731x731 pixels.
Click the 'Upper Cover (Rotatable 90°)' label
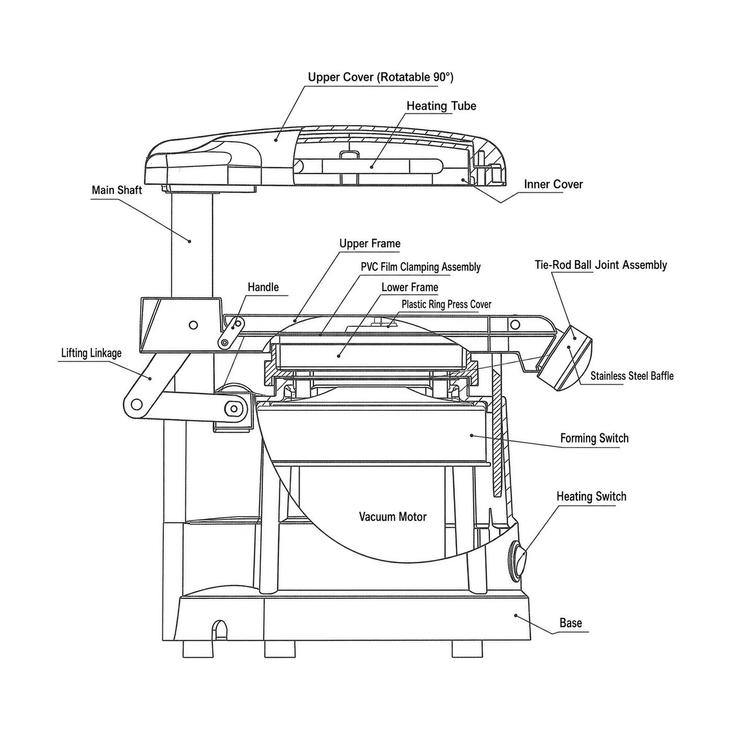pyautogui.click(x=381, y=77)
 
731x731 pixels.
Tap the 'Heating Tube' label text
pyautogui.click(x=441, y=106)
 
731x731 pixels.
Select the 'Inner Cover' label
pyautogui.click(x=553, y=184)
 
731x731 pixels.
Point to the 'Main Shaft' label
pyautogui.click(x=117, y=190)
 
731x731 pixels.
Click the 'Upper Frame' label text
pyautogui.click(x=370, y=243)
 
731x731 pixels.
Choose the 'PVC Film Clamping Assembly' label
pyautogui.click(x=420, y=267)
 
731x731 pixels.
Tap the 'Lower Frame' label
pyautogui.click(x=410, y=287)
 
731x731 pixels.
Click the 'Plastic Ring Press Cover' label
pyautogui.click(x=446, y=304)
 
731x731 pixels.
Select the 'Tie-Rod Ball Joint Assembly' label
pyautogui.click(x=600, y=265)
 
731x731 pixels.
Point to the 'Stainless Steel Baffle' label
pyautogui.click(x=632, y=376)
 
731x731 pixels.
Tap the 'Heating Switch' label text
pyautogui.click(x=592, y=497)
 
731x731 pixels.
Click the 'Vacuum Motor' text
pyautogui.click(x=393, y=517)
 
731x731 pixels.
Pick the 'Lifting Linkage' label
pyautogui.click(x=91, y=353)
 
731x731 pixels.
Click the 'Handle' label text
pyautogui.click(x=263, y=287)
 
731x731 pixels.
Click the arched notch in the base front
pyautogui.click(x=219, y=631)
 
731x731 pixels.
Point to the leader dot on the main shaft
pyautogui.click(x=190, y=241)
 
